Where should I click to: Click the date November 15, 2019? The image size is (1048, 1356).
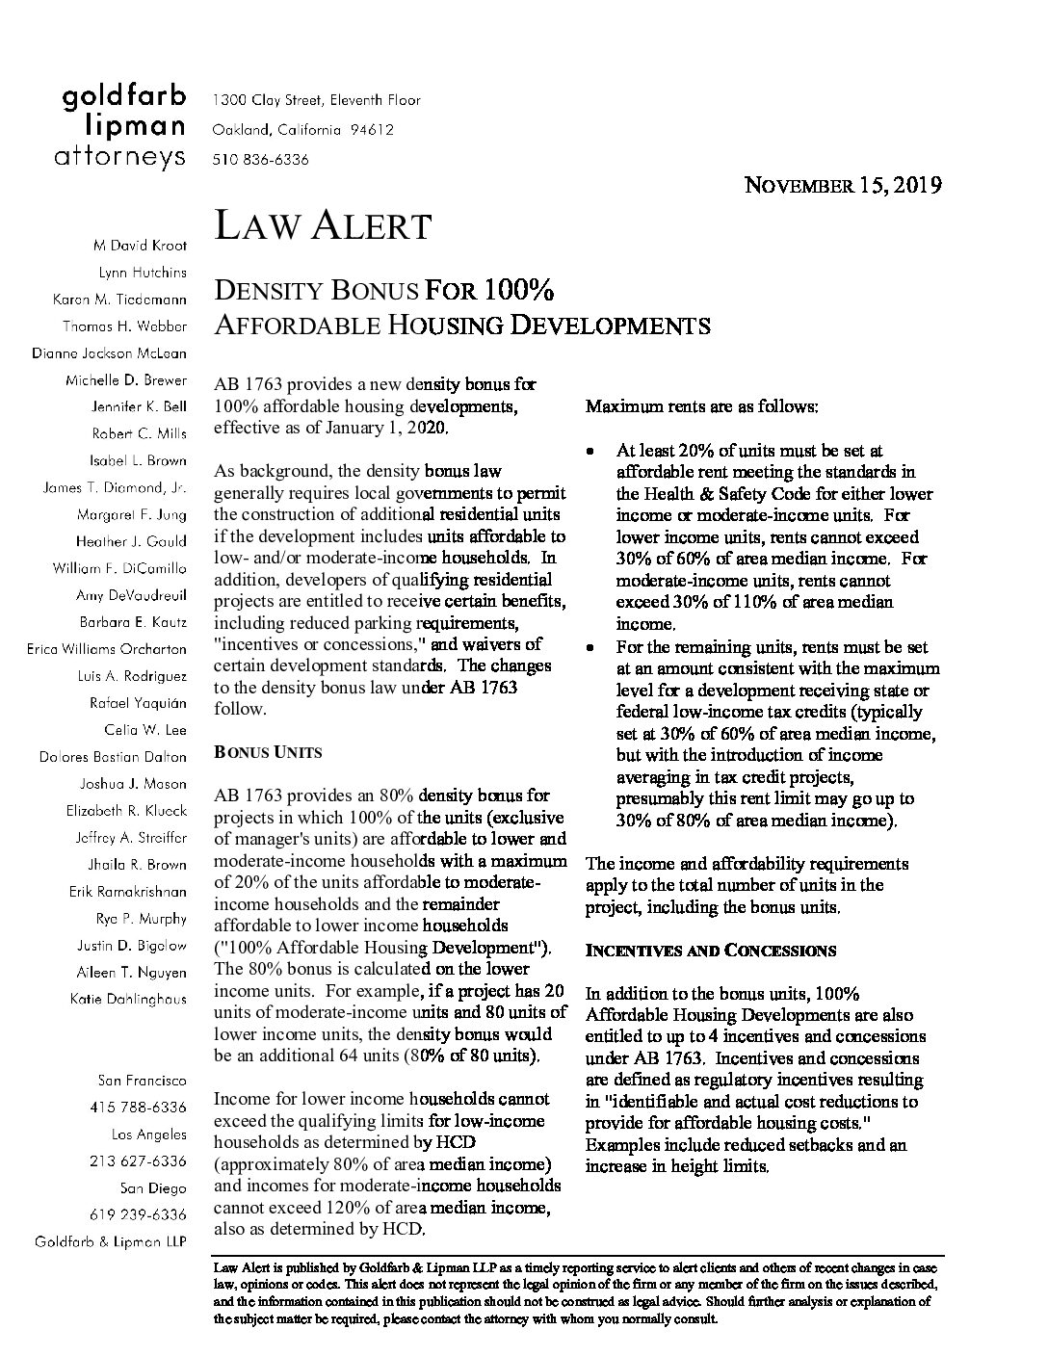tap(844, 185)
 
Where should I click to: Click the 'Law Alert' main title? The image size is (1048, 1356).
tap(322, 226)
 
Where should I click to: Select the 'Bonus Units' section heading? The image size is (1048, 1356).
tap(268, 752)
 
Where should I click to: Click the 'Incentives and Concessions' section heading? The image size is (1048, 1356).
tap(711, 951)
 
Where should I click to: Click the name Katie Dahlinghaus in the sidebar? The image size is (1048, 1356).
tap(128, 999)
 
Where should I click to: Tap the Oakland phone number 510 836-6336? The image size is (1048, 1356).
tap(260, 160)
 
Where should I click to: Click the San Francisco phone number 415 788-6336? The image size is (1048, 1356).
tap(138, 1107)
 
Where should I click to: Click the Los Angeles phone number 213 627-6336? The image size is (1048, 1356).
tap(138, 1160)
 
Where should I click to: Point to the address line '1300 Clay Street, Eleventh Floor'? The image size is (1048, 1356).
tap(316, 100)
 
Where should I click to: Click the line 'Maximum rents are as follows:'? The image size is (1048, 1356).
tap(702, 406)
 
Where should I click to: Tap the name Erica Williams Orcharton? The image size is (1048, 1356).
tap(107, 648)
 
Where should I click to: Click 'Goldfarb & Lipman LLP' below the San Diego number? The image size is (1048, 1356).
tap(111, 1241)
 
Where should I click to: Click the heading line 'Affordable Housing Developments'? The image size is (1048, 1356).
tap(462, 325)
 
